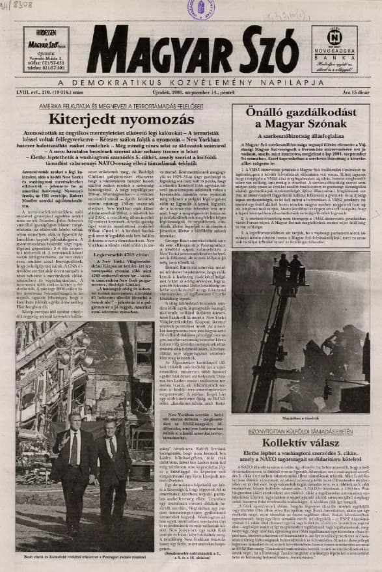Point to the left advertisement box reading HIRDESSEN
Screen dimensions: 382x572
(x=46, y=49)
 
